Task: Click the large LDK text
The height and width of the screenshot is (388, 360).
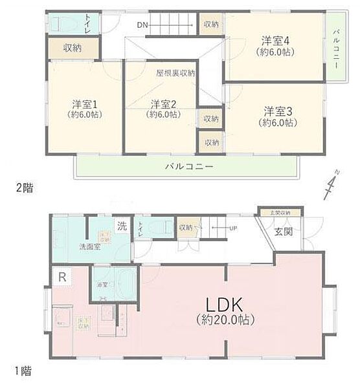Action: (x=223, y=304)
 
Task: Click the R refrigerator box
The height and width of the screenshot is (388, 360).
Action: (x=62, y=277)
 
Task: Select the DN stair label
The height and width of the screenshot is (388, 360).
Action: (x=143, y=25)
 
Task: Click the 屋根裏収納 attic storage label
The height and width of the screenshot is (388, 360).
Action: (x=175, y=73)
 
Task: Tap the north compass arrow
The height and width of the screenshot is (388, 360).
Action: (x=331, y=186)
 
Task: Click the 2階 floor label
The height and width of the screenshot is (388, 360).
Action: (x=24, y=188)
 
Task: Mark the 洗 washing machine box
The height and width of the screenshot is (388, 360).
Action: (x=122, y=226)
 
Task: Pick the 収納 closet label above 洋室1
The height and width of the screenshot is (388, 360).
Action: (x=73, y=47)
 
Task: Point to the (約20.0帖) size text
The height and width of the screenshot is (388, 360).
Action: (x=224, y=319)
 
